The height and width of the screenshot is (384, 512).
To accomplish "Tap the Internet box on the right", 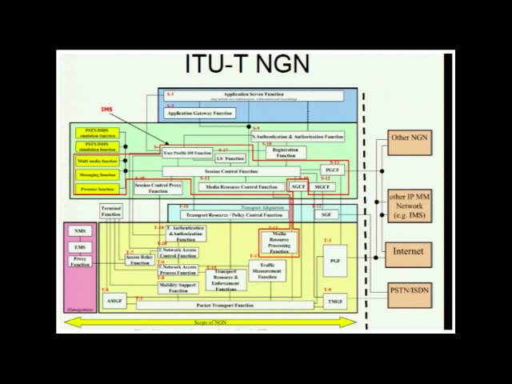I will pyautogui.click(x=408, y=251).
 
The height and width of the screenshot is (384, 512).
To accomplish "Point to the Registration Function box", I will pyautogui.click(x=280, y=152).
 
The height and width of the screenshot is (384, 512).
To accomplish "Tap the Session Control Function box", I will pyautogui.click(x=232, y=171).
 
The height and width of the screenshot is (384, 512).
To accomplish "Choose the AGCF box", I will pyautogui.click(x=298, y=186).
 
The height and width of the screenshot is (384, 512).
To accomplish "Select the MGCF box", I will pyautogui.click(x=322, y=186).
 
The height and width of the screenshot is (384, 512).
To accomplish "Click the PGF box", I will pyautogui.click(x=334, y=262).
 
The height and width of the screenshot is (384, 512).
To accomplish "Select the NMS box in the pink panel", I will pyautogui.click(x=79, y=231).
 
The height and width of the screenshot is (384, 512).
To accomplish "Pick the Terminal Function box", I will pyautogui.click(x=110, y=210).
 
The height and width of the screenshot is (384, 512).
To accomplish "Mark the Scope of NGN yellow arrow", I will pyautogui.click(x=211, y=322).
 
